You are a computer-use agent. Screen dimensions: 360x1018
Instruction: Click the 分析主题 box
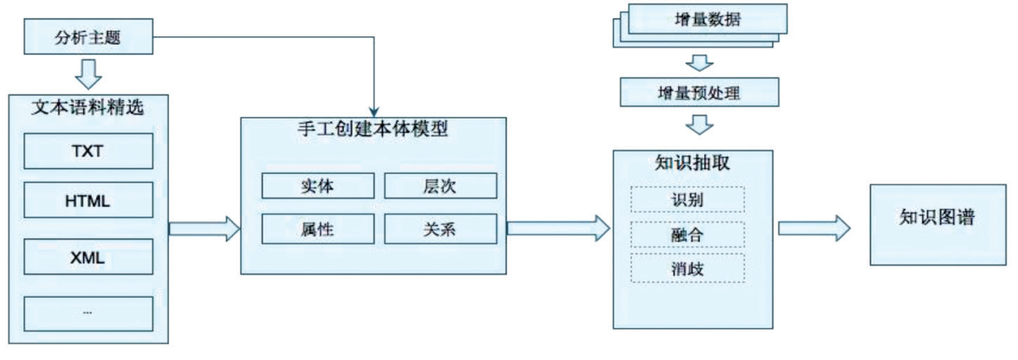(88, 37)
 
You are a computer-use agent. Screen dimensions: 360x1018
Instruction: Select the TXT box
(87, 151)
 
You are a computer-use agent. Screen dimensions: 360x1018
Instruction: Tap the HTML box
(87, 202)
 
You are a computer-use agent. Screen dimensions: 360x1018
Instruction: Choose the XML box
(87, 258)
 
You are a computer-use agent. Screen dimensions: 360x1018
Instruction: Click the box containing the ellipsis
(87, 312)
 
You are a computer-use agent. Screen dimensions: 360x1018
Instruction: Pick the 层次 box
(440, 186)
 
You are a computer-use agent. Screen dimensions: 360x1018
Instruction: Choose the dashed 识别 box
(687, 199)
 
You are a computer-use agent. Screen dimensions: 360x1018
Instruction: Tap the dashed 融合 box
(687, 234)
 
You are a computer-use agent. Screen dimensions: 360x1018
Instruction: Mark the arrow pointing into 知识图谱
(814, 227)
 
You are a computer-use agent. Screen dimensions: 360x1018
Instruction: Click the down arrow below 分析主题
(88, 73)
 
